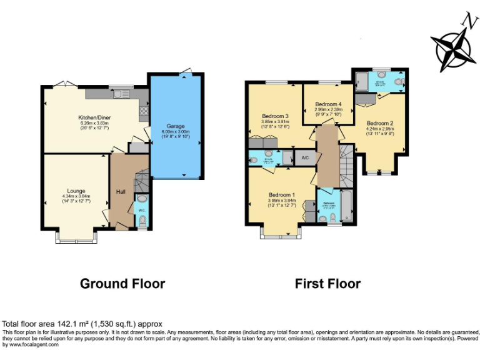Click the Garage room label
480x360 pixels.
(x=174, y=126)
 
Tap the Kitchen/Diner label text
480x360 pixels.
(x=94, y=117)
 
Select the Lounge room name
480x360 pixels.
(x=76, y=191)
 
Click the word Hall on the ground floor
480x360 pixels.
(x=121, y=191)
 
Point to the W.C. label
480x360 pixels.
(x=141, y=209)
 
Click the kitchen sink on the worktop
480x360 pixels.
(x=117, y=94)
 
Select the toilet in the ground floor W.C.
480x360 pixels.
(x=141, y=221)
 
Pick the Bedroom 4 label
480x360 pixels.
(x=328, y=104)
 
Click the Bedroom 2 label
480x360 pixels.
(x=380, y=123)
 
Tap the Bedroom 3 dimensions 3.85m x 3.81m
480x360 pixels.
(x=274, y=122)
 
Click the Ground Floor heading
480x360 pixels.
(x=122, y=284)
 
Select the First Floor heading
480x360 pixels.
(x=327, y=284)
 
